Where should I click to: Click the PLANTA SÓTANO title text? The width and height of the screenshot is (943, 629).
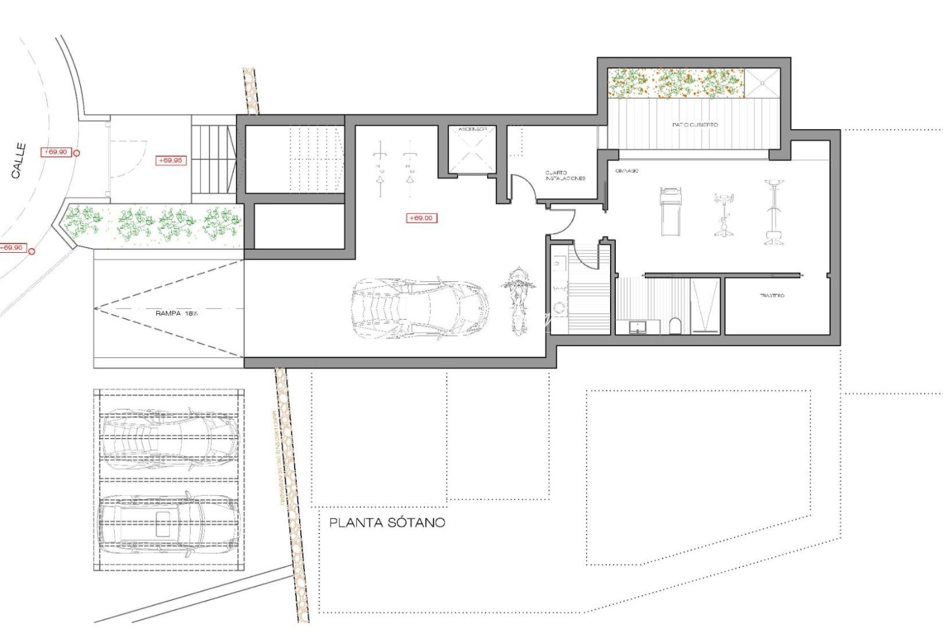[387, 522]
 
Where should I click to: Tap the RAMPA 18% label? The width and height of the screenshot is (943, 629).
[176, 313]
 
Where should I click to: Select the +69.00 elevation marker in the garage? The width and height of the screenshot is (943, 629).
[421, 218]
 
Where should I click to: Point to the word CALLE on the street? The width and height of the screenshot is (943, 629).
[19, 161]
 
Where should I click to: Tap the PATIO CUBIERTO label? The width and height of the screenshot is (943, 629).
[694, 125]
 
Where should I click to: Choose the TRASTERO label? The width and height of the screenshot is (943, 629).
[772, 296]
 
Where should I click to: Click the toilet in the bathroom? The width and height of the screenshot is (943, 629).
[675, 325]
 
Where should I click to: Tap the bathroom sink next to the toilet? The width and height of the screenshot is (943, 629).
[637, 326]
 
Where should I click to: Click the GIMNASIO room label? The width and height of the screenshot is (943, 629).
[627, 171]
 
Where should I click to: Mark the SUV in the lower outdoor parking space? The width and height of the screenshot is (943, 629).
[167, 522]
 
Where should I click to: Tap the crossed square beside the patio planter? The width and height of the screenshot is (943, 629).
[762, 83]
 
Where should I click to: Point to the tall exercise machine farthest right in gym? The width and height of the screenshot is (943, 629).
[773, 213]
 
